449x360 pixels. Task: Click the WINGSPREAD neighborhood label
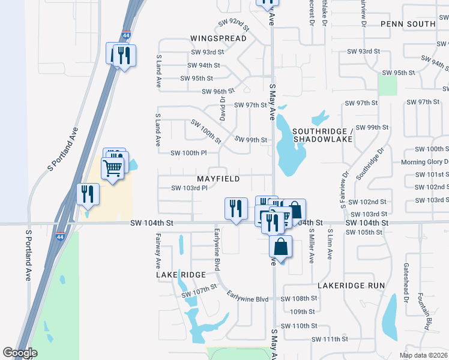point(218,38)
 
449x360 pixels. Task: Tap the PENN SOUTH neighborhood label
point(408,24)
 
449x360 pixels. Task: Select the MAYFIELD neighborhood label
point(218,179)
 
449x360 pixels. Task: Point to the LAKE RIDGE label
point(181,274)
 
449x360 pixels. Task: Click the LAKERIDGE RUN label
point(351,286)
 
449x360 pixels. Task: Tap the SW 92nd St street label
point(234,24)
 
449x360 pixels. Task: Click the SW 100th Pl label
point(188,153)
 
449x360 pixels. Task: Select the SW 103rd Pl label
point(189,188)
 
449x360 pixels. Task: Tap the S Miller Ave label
point(312,245)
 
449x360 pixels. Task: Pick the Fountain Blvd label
point(427,312)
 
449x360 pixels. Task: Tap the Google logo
point(20,353)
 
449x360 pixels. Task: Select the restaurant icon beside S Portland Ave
point(88,194)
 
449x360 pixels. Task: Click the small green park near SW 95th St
point(388,85)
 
